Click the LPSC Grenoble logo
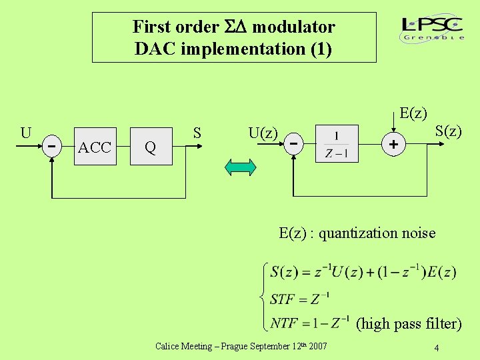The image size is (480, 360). [433, 29]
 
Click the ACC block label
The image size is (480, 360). [95, 147]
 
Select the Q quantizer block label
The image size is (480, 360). [151, 147]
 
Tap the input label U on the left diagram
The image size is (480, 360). [26, 132]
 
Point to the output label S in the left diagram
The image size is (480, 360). [197, 133]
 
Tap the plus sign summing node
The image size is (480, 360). [394, 144]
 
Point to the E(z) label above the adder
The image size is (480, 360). [413, 113]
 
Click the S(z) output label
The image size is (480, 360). [448, 131]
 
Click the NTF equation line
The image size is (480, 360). [310, 323]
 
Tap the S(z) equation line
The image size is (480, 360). [363, 272]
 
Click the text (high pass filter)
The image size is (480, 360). [409, 324]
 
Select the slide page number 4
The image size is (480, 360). [436, 347]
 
